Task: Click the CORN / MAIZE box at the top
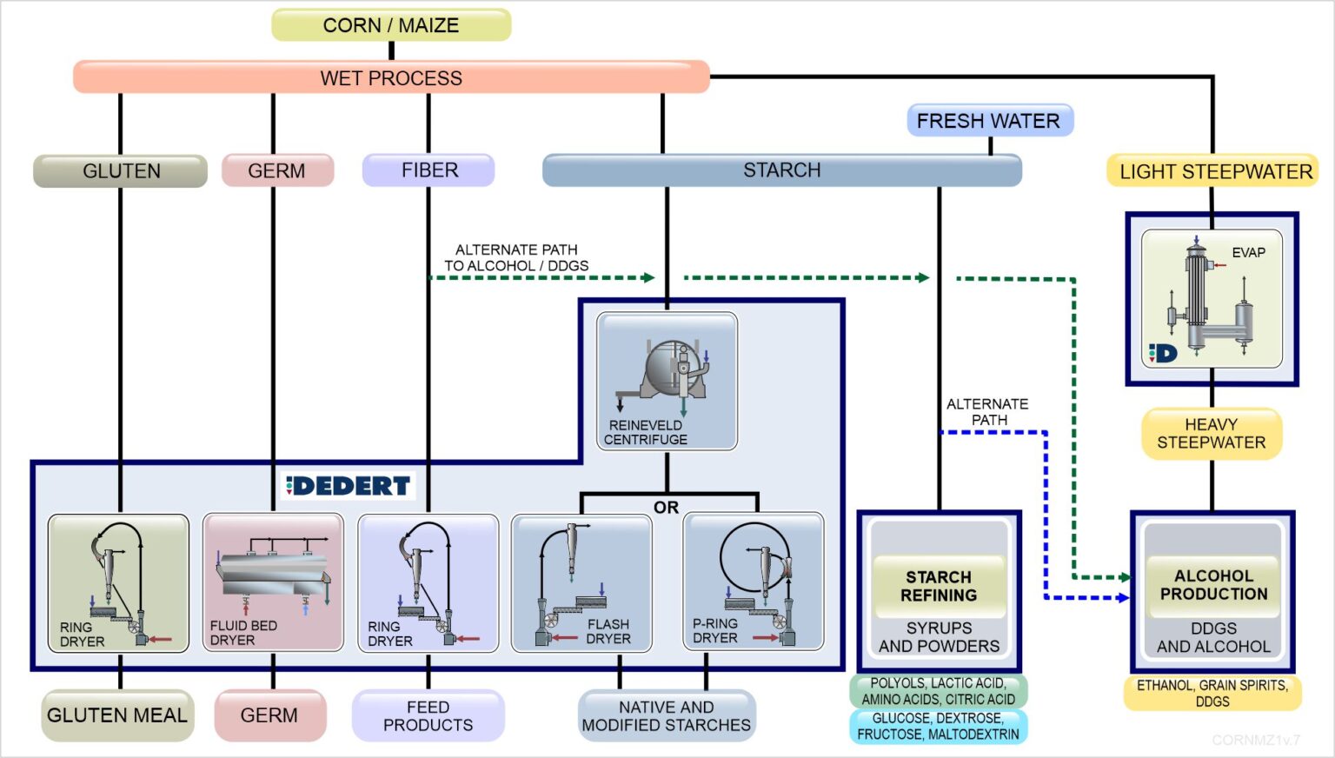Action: [391, 25]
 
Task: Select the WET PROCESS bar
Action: [391, 77]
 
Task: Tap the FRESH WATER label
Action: [989, 121]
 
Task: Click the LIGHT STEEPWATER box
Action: [1214, 171]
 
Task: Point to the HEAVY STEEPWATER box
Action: [1211, 434]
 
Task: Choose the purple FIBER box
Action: [428, 170]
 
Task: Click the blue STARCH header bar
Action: [781, 170]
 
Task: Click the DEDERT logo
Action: [349, 486]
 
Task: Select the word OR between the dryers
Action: [666, 508]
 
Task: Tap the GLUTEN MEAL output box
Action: [117, 715]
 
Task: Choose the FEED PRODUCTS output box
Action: [428, 716]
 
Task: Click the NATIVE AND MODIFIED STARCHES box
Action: [667, 716]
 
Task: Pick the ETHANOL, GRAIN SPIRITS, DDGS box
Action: [1212, 693]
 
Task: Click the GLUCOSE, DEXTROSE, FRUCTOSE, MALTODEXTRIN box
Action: [939, 727]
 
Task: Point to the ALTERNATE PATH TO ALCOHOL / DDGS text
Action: [516, 258]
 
